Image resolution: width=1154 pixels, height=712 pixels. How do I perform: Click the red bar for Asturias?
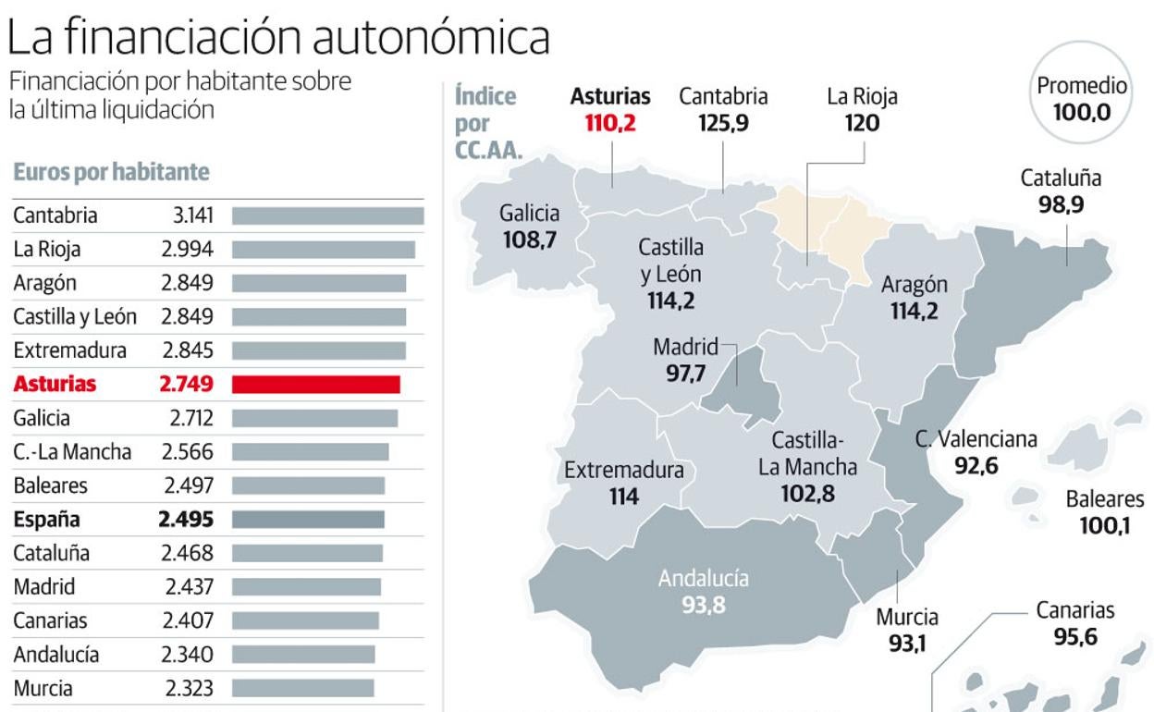pyautogui.click(x=315, y=385)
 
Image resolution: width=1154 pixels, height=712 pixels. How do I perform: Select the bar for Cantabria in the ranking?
pyautogui.click(x=327, y=216)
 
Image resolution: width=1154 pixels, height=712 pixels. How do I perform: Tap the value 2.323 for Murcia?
pyautogui.click(x=189, y=689)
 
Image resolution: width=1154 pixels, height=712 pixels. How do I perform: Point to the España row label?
pyautogui.click(x=46, y=520)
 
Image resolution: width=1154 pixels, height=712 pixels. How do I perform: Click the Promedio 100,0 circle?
pyautogui.click(x=1081, y=100)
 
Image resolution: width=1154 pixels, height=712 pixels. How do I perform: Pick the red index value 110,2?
pyautogui.click(x=609, y=122)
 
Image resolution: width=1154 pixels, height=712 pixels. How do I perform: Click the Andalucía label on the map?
pyautogui.click(x=703, y=579)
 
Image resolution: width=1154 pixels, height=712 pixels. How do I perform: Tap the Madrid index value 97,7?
pyautogui.click(x=685, y=374)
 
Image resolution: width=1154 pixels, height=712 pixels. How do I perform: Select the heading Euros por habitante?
pyautogui.click(x=111, y=172)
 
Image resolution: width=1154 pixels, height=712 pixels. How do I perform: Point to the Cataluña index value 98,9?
pyautogui.click(x=1060, y=204)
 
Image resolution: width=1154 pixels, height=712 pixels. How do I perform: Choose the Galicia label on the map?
pyautogui.click(x=529, y=214)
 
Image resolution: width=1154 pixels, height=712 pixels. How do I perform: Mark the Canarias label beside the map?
pyautogui.click(x=1074, y=610)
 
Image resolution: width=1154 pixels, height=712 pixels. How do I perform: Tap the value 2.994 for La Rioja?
pyautogui.click(x=187, y=250)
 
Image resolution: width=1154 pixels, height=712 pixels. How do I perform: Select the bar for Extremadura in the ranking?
pyautogui.click(x=318, y=351)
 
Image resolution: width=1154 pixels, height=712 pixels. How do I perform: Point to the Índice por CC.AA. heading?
pyautogui.click(x=487, y=123)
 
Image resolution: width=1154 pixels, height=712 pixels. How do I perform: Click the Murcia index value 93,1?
pyautogui.click(x=907, y=643)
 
